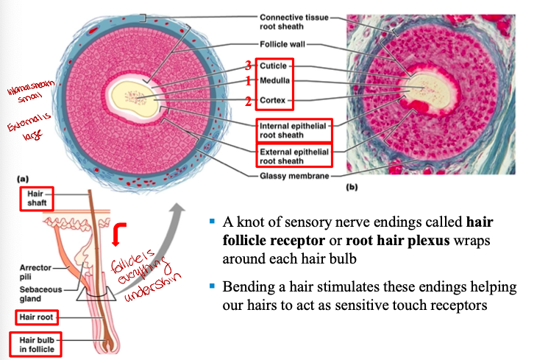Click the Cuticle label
[x=273, y=67]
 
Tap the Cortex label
[x=273, y=100]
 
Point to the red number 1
[x=249, y=80]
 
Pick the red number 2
[x=249, y=101]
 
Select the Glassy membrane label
[x=293, y=175]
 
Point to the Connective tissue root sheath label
[x=293, y=21]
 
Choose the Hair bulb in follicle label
[x=35, y=343]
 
